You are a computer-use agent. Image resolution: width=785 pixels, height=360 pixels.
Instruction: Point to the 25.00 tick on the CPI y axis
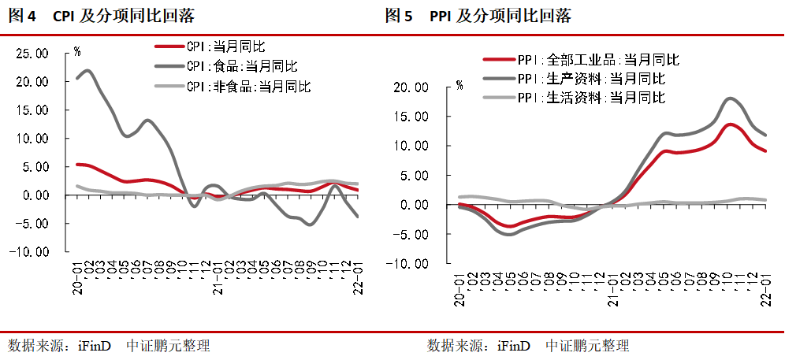pos(32,54)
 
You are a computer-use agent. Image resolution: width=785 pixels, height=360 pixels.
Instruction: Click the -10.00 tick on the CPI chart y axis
pos(32,252)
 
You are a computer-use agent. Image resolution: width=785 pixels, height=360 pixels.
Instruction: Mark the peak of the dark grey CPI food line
pos(87,71)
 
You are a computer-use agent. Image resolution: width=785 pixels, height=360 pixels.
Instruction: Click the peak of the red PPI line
pos(731,124)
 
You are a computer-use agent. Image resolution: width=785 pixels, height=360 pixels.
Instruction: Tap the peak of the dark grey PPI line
pos(731,98)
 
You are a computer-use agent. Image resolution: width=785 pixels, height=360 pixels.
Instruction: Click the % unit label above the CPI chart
pos(76,52)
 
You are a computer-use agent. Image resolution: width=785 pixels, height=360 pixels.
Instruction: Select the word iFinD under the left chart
pos(95,346)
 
